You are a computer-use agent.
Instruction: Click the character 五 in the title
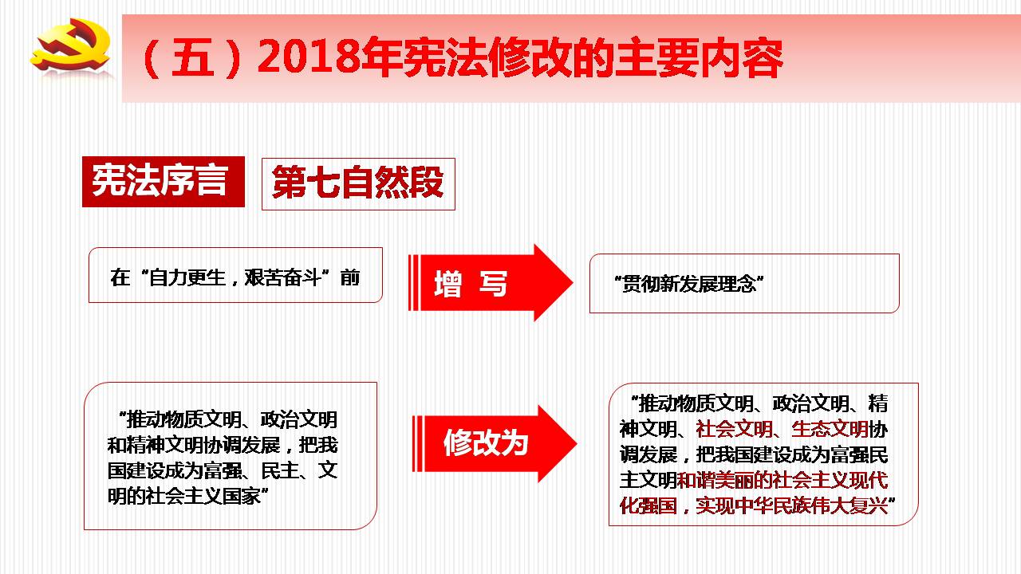click(x=192, y=57)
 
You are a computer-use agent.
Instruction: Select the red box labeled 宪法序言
click(x=164, y=181)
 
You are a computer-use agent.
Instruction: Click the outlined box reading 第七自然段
click(x=358, y=183)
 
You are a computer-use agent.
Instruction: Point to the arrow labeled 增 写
click(x=491, y=283)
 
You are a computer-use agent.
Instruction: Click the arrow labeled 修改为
click(x=495, y=444)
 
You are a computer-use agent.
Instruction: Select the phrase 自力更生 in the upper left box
click(x=187, y=278)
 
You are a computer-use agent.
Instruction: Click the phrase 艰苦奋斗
click(x=282, y=278)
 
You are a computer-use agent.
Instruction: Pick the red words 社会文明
click(x=735, y=429)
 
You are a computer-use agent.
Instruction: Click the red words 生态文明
click(x=830, y=429)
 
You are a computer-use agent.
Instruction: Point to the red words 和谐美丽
click(x=715, y=480)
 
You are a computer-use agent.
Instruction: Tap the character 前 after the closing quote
click(x=350, y=278)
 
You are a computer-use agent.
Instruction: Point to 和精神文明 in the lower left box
click(x=156, y=445)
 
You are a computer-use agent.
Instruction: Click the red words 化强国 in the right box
click(x=648, y=505)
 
